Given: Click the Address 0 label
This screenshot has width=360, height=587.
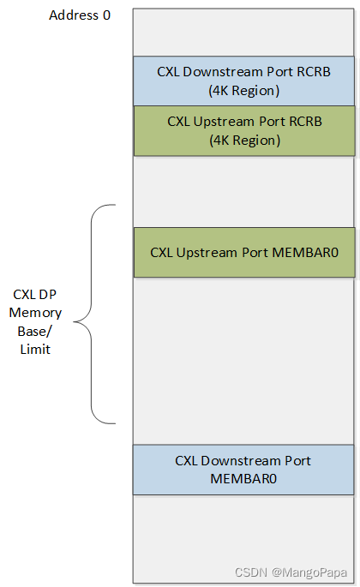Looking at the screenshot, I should pos(80,15).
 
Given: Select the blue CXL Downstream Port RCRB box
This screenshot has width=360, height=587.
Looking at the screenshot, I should pos(243,81).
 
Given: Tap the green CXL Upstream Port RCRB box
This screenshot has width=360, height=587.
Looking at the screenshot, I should pos(243,130).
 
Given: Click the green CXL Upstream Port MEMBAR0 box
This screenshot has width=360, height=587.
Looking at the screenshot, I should pos(243,252).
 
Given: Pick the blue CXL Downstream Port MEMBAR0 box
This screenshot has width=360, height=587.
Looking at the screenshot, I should pos(243,470).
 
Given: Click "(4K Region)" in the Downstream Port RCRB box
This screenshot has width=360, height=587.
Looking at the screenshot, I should pos(244,89).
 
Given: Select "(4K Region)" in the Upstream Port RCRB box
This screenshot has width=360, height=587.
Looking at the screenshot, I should pos(244,140).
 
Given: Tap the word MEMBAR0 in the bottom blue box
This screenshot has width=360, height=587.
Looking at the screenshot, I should pos(243,478).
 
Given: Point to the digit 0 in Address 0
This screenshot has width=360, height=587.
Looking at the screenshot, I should pos(106,15).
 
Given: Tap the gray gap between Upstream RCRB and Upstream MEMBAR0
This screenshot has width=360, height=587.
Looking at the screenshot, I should pos(243,191).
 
